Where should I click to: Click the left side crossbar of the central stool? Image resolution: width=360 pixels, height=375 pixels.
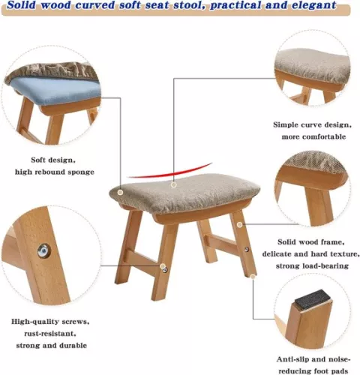click(x=140, y=261)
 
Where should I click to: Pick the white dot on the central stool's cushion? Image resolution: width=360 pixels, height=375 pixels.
click(x=174, y=184)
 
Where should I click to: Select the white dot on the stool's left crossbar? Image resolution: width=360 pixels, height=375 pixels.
click(x=162, y=265)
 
